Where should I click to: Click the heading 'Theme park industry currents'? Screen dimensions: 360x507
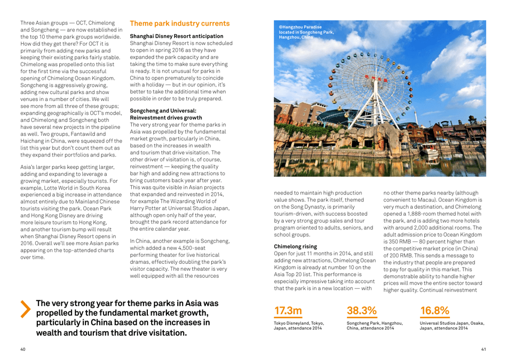[180, 24]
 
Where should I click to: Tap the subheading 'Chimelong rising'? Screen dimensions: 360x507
[295, 247]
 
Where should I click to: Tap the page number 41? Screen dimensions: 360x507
[483, 349]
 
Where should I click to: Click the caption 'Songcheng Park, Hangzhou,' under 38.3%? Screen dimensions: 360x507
[374, 323]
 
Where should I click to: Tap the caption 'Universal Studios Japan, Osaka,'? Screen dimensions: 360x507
[452, 323]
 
